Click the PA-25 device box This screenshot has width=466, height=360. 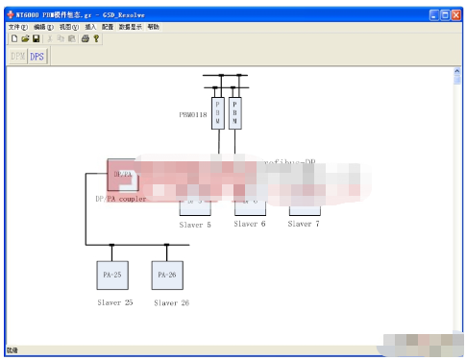click(x=111, y=275)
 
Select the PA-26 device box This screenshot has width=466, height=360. click(x=166, y=275)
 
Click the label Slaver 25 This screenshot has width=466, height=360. click(x=114, y=302)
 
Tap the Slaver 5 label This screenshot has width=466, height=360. click(x=195, y=225)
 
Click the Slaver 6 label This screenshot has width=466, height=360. click(x=250, y=224)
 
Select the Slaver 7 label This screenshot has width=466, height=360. click(x=304, y=224)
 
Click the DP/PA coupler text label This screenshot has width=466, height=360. click(x=121, y=199)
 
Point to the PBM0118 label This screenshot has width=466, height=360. click(x=192, y=114)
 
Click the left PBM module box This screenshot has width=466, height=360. click(x=217, y=113)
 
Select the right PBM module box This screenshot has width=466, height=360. click(x=236, y=113)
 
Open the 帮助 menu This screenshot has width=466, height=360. click(x=154, y=28)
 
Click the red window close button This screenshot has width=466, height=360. click(x=455, y=15)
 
